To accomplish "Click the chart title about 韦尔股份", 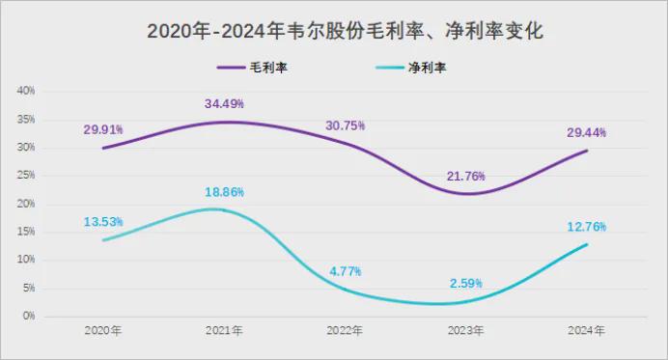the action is pos(345,31).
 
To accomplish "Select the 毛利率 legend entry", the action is pos(252,68).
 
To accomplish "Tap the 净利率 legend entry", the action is pos(411,68).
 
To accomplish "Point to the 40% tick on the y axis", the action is pos(26,91).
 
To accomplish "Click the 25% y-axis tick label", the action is pos(26,175).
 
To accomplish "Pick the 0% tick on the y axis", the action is pos(29,316).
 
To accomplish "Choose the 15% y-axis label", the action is pos(26,232).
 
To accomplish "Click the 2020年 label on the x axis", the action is pos(103,330).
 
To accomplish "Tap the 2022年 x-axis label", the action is pos(345,330).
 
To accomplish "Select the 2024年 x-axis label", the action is pos(586,330).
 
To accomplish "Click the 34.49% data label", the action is pos(224,103).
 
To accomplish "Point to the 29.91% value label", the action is pos(103,129).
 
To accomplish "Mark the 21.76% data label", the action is pos(466,176).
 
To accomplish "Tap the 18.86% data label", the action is pos(224,192).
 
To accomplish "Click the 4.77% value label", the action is pos(345,271).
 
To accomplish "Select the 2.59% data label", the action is pos(466,284).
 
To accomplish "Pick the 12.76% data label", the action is pos(586,227).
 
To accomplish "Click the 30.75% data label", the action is pos(345,125).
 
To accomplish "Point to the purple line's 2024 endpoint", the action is pos(587,151).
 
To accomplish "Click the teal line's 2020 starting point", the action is pos(103,240).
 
